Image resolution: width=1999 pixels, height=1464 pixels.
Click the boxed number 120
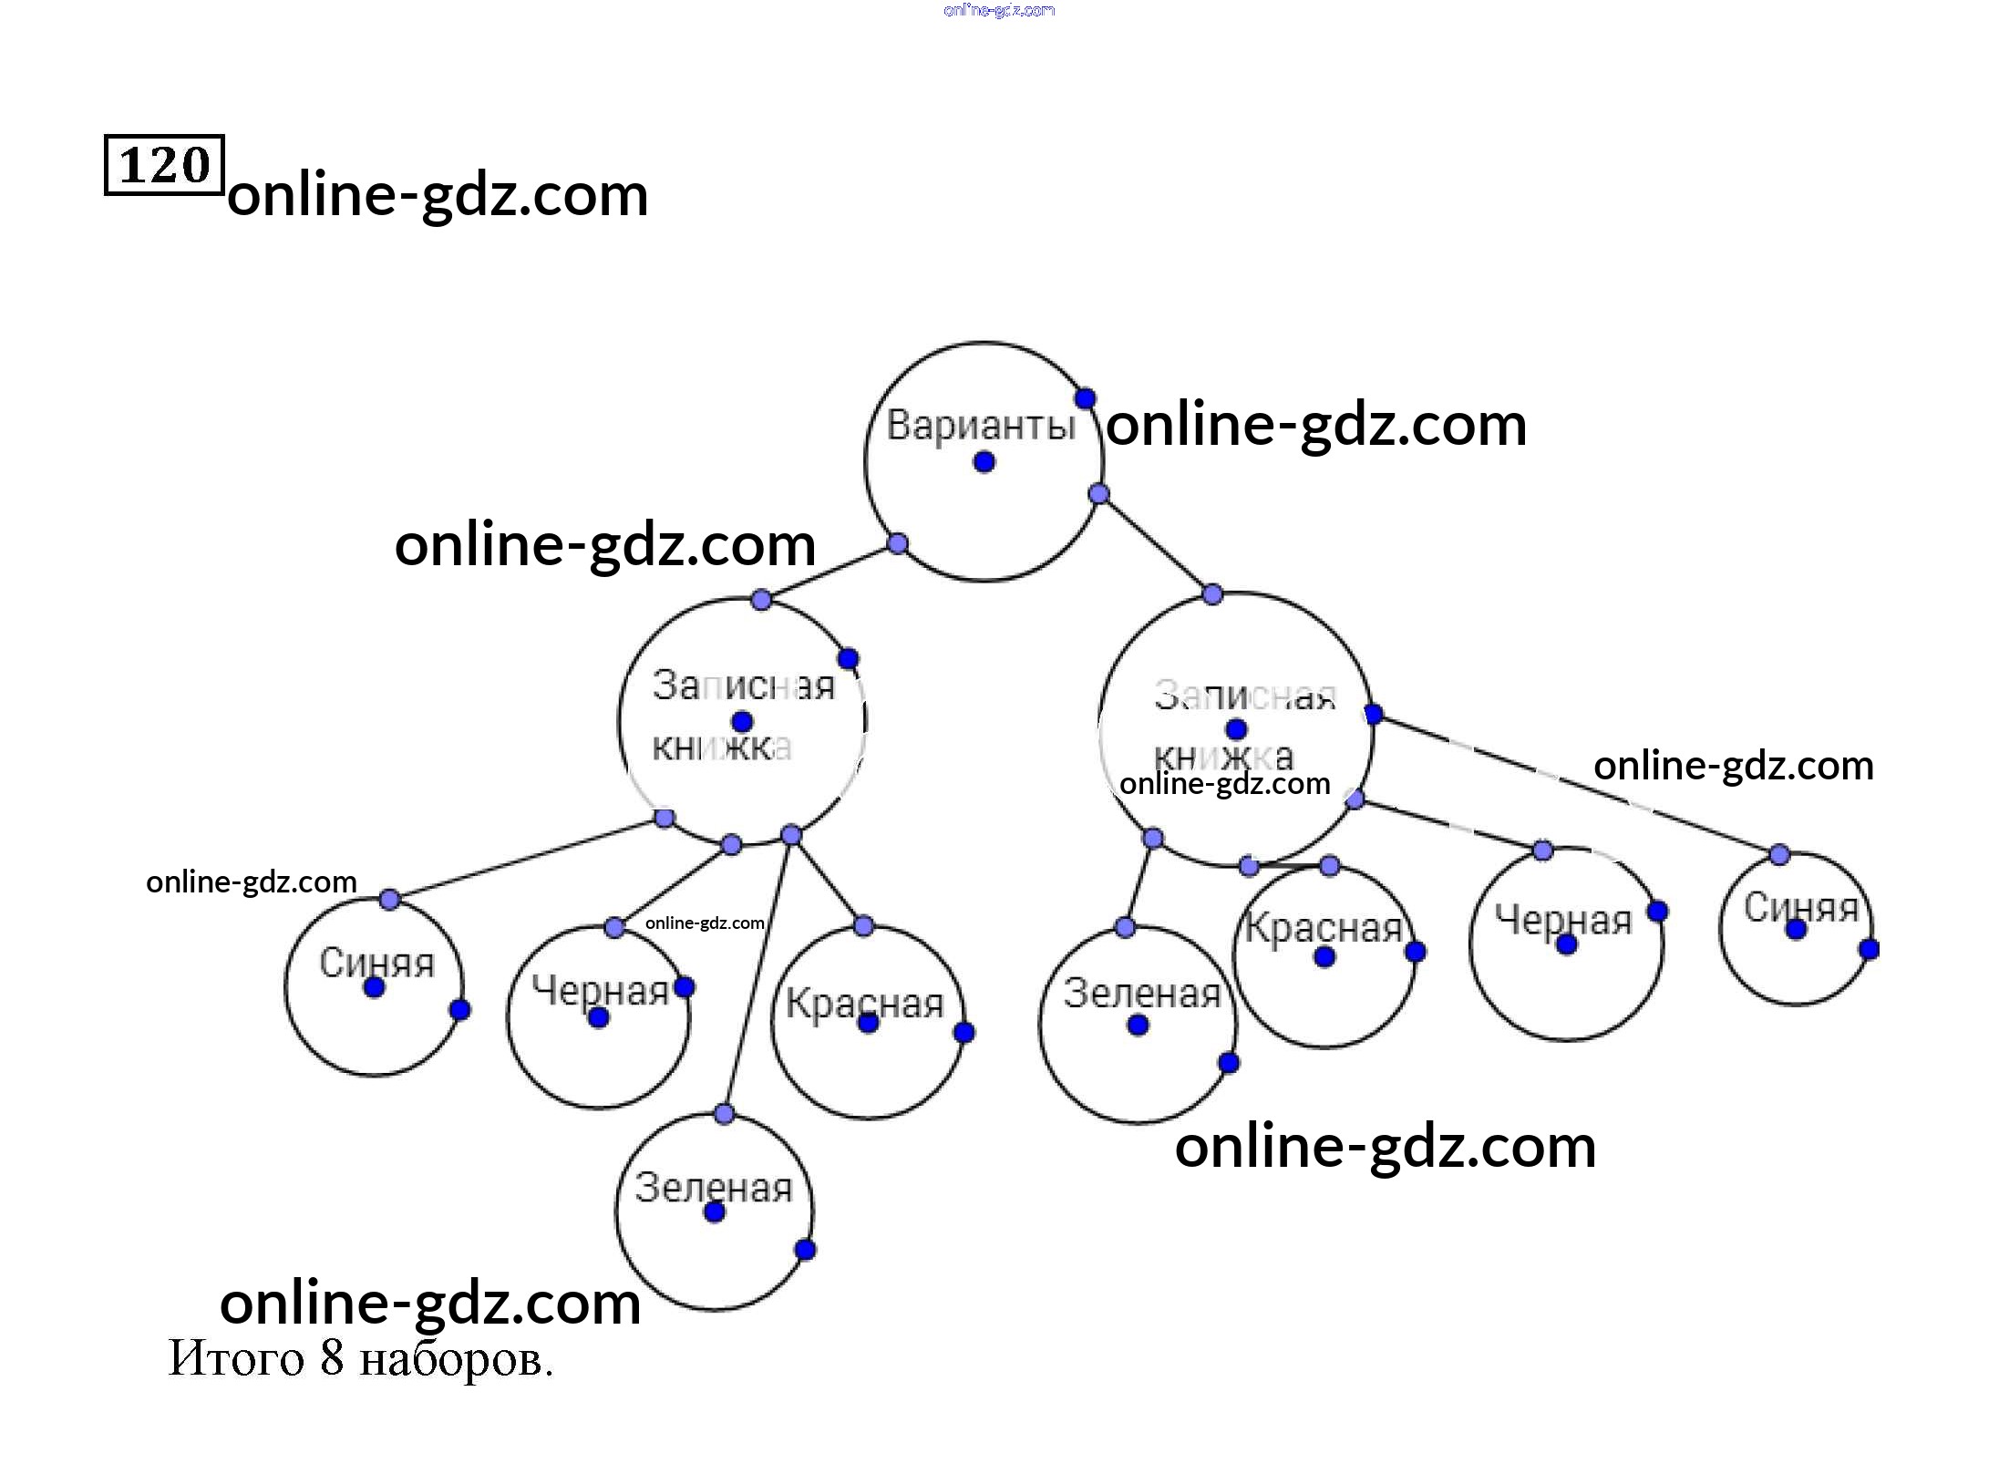[164, 165]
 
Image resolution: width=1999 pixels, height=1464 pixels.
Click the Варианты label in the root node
[981, 426]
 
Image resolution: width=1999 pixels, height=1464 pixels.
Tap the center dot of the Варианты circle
[984, 462]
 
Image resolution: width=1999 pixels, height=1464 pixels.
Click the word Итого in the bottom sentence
[235, 1358]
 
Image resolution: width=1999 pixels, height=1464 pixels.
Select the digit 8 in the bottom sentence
[332, 1357]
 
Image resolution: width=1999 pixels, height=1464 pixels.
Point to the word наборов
[456, 1360]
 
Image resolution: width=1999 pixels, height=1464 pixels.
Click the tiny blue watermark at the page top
[999, 10]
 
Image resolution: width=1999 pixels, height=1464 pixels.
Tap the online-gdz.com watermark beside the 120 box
[438, 194]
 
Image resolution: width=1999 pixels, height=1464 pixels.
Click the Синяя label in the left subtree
[376, 963]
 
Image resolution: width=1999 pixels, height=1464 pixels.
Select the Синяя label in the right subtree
[1800, 907]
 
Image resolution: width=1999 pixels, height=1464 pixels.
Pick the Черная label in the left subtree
[601, 990]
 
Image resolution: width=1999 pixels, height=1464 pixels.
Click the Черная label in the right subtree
[1563, 920]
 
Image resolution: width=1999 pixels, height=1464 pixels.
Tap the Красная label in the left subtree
[864, 1004]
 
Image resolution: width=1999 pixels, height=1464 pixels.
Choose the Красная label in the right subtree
[1323, 928]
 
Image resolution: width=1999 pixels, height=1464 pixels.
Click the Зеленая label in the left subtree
[714, 1187]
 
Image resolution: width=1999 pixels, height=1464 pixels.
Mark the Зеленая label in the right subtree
[1141, 993]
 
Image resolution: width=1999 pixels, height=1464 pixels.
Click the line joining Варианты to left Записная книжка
[829, 572]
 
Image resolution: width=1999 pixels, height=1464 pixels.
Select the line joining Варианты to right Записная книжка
[1156, 544]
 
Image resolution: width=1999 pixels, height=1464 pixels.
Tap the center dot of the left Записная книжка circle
[742, 722]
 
